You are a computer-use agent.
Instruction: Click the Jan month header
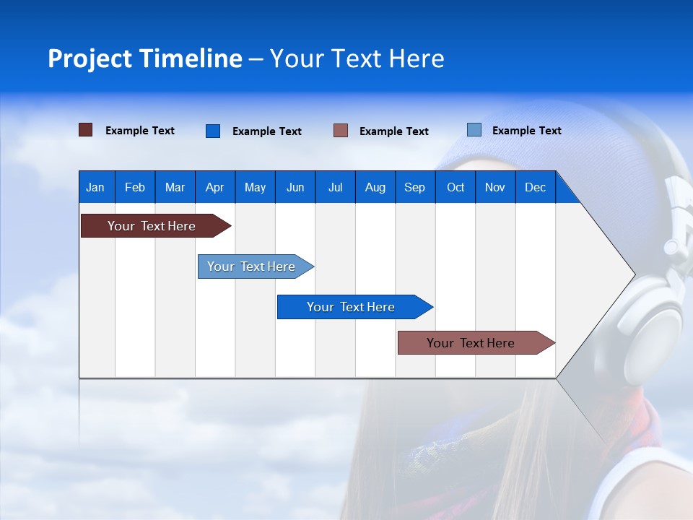coord(95,187)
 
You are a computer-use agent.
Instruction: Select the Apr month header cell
coord(214,187)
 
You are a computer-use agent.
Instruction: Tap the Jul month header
coord(335,187)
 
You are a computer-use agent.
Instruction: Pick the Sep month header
coord(414,187)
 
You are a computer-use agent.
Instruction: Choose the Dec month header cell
coord(535,187)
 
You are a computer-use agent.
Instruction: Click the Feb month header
coord(135,187)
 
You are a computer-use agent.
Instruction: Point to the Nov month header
coord(494,187)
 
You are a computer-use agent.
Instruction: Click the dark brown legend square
coord(85,130)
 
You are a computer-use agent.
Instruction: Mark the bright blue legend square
coord(213,131)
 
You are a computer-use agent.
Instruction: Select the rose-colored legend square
coord(341,131)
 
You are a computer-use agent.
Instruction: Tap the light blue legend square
coord(474,130)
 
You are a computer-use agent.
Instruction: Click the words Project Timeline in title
coord(144,58)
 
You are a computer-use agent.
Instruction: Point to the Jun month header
coord(295,187)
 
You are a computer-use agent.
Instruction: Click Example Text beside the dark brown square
coord(140,131)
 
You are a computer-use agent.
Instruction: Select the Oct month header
coord(456,187)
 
